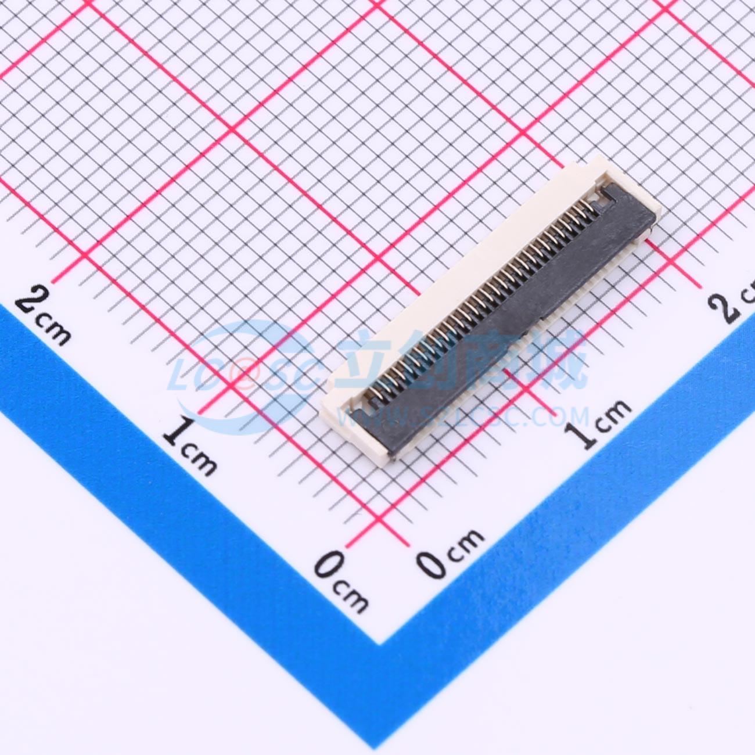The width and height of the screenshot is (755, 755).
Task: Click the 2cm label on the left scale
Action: (44, 316)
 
